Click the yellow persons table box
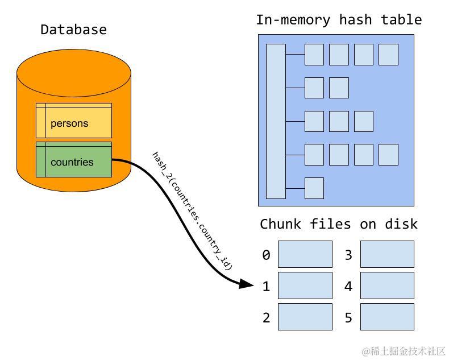(x=74, y=121)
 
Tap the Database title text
(x=73, y=30)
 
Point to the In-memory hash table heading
(x=339, y=20)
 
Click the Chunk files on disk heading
(x=339, y=224)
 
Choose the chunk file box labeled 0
(x=305, y=254)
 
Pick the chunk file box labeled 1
(x=305, y=285)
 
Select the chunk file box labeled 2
(x=305, y=317)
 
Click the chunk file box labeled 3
(x=387, y=254)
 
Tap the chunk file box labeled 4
(x=387, y=285)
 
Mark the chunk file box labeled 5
(x=387, y=317)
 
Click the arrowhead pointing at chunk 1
(x=247, y=283)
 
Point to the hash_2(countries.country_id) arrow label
(x=192, y=210)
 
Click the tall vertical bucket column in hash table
(x=276, y=121)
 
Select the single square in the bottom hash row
(x=314, y=188)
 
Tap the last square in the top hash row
(x=388, y=55)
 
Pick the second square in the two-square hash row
(x=339, y=88)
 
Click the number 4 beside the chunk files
(x=348, y=286)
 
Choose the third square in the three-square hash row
(x=364, y=121)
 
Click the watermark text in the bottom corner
(x=404, y=350)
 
